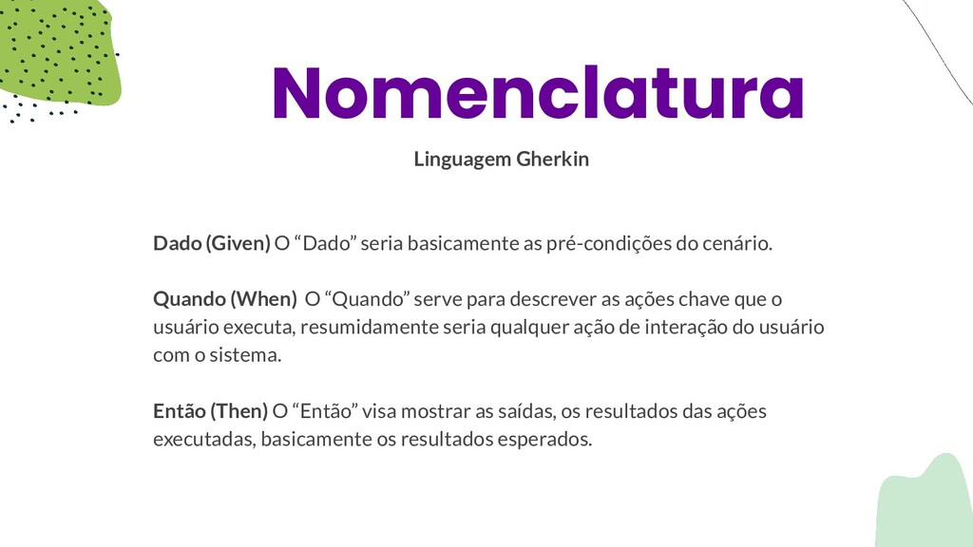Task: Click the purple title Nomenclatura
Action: click(538, 92)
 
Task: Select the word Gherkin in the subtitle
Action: click(552, 160)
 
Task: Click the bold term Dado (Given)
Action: click(212, 243)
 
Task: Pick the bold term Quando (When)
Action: click(225, 299)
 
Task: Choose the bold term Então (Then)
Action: click(210, 410)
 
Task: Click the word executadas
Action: click(204, 439)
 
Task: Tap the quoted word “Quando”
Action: click(367, 299)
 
